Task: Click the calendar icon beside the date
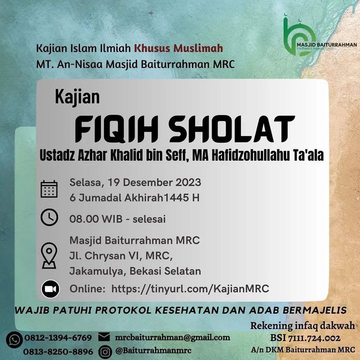click(49, 189)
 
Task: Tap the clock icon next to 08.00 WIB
click(49, 217)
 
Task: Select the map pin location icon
click(49, 255)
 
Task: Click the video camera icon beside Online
click(50, 289)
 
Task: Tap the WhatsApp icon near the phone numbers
click(14, 340)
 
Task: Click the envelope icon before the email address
click(104, 337)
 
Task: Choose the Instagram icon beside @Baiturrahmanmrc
click(105, 351)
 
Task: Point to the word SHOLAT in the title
click(231, 129)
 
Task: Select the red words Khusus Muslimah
click(178, 48)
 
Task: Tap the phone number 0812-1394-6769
click(58, 337)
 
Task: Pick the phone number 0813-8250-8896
click(58, 351)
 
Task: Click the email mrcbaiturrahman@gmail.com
click(172, 337)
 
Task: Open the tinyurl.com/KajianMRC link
click(190, 289)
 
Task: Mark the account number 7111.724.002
click(314, 338)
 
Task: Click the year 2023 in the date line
click(188, 182)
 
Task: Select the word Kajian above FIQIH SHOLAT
click(77, 97)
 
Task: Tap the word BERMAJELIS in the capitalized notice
click(314, 310)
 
